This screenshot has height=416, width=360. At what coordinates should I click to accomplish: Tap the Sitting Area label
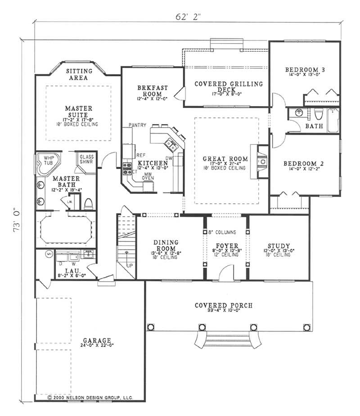(x=79, y=74)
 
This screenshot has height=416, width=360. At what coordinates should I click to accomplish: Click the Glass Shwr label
(x=86, y=159)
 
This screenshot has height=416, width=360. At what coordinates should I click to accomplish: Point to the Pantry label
(x=136, y=124)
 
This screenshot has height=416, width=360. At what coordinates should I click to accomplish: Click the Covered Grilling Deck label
(x=228, y=86)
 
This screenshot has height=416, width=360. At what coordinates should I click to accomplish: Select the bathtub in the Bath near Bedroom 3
(x=333, y=120)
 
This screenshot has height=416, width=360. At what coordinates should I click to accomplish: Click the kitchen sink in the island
(x=171, y=144)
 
